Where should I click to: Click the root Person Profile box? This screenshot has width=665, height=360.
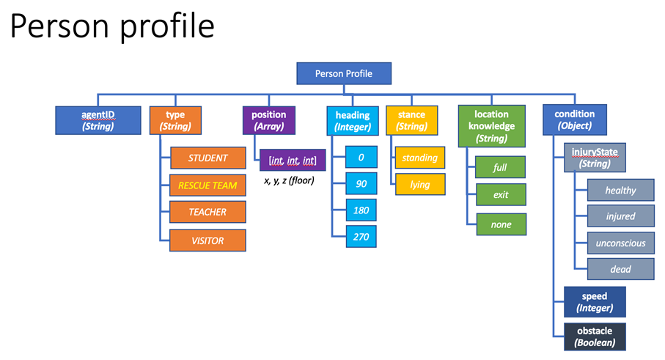tap(343, 73)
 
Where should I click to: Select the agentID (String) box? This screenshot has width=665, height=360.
tap(97, 120)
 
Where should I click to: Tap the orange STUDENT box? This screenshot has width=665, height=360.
tap(207, 158)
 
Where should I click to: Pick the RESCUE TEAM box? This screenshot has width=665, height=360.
tap(207, 185)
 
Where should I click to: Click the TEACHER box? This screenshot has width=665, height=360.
tap(207, 213)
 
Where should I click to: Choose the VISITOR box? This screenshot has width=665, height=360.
tap(207, 240)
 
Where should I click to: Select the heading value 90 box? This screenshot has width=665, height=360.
tap(361, 184)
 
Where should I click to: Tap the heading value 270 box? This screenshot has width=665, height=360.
tap(361, 236)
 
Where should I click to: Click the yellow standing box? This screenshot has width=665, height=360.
tap(419, 158)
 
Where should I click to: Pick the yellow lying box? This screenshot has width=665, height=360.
tap(419, 185)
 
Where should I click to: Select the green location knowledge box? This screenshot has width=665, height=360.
tap(491, 125)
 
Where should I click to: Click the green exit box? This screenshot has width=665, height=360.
tap(500, 196)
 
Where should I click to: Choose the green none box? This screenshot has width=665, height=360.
tap(500, 224)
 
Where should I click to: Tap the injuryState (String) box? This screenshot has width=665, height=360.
tap(595, 158)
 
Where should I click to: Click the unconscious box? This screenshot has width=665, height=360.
tap(620, 243)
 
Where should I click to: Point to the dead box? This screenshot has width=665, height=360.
tap(620, 269)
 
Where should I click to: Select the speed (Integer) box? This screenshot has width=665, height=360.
tap(595, 302)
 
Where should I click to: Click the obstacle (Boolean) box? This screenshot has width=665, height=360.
tap(595, 336)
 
